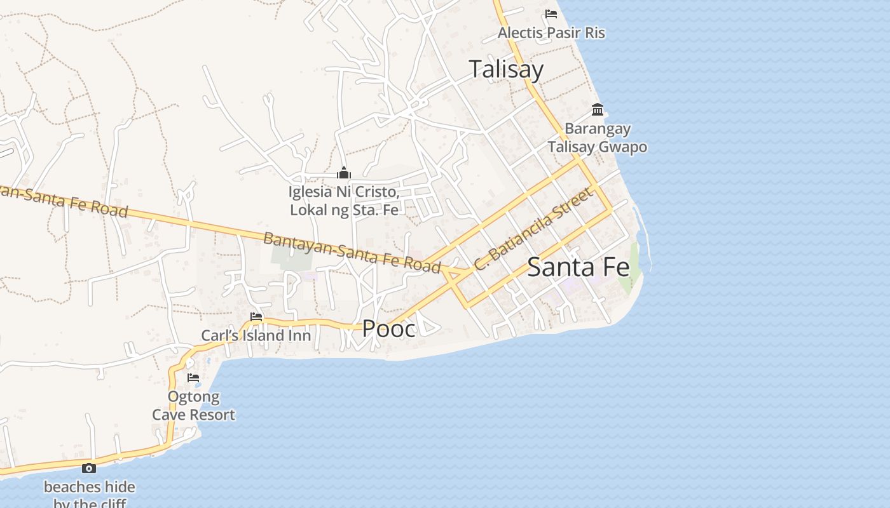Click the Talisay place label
click(x=506, y=69)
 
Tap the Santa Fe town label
click(x=578, y=267)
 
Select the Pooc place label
click(x=388, y=328)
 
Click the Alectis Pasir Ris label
click(x=551, y=32)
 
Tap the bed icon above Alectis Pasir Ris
click(x=551, y=13)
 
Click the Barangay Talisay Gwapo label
click(x=598, y=138)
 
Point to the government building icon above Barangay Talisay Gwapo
click(x=598, y=110)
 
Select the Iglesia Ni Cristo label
click(x=345, y=201)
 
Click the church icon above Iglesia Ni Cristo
click(x=344, y=173)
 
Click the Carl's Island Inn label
click(x=256, y=335)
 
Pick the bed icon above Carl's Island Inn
click(x=256, y=316)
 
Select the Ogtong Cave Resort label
click(x=193, y=406)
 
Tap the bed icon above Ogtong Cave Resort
click(x=193, y=378)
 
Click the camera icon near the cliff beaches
click(x=89, y=469)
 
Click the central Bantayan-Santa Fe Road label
click(x=352, y=252)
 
